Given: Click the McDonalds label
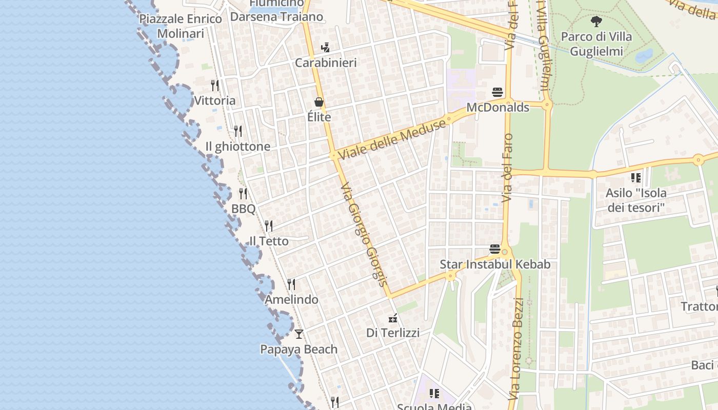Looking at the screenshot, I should tap(497, 108).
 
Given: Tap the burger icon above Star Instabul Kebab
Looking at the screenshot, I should tap(495, 249).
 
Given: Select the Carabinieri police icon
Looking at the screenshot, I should tap(325, 48).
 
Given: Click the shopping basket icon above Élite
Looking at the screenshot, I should tap(319, 102).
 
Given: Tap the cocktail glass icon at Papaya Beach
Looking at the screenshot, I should tap(299, 334).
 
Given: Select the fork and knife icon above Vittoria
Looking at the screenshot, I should tap(215, 85).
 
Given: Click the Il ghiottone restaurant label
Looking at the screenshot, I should tap(237, 147).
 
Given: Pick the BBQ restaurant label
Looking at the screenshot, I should tap(243, 209).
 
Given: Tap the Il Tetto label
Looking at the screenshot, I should tap(269, 241).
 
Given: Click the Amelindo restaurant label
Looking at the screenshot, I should tap(291, 299).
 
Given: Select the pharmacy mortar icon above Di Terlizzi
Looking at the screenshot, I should tap(393, 318).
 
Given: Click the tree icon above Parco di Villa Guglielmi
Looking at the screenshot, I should tap(596, 22).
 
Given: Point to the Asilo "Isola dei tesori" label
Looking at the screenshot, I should tap(636, 200).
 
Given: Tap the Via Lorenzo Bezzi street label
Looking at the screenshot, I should tap(518, 354).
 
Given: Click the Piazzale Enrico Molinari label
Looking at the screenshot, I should tap(181, 26).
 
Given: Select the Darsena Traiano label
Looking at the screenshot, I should tap(276, 16).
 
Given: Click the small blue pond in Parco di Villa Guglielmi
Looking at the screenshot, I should tap(644, 55).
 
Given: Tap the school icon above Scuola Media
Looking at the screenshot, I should tap(434, 394).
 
